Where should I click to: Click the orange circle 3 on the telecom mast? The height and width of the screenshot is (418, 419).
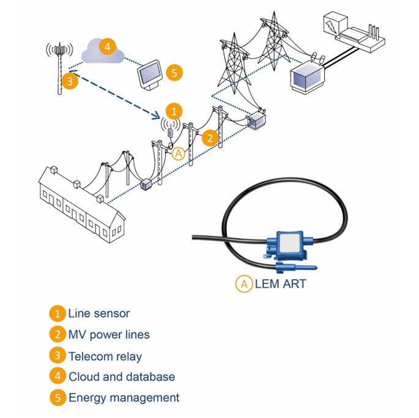click(x=70, y=81)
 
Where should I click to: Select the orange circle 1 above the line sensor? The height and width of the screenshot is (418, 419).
click(x=174, y=111)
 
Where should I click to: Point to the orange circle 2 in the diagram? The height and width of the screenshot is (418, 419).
click(x=210, y=137)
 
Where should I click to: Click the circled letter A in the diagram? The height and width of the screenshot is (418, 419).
click(x=179, y=153)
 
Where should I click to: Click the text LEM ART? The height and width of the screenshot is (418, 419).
click(x=280, y=284)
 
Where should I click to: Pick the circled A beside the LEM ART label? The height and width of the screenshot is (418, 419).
click(x=243, y=284)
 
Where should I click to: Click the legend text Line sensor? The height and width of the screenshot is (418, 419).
click(x=98, y=313)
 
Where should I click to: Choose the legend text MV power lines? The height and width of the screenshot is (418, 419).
click(x=108, y=334)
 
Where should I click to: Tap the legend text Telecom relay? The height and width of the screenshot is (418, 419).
click(x=105, y=356)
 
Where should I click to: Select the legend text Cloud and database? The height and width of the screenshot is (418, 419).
click(x=121, y=376)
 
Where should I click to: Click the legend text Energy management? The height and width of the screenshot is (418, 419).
click(x=124, y=397)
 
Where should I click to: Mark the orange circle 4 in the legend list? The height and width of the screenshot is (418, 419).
click(x=57, y=376)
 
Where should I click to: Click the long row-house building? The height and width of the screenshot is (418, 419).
click(x=80, y=202)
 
